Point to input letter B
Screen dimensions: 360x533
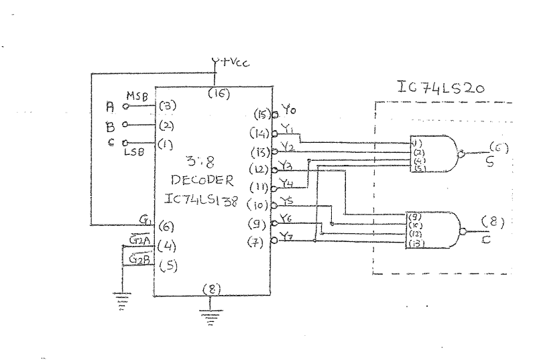pyautogui.click(x=111, y=125)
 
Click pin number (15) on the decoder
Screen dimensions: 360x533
pyautogui.click(x=261, y=115)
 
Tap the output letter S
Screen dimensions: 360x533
pyautogui.click(x=489, y=163)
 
